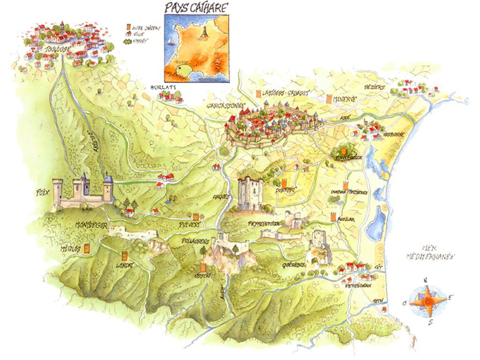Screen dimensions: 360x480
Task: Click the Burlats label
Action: click(161, 87)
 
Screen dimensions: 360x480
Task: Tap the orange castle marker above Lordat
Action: click(124, 256)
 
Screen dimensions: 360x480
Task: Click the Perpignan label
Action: click(359, 285)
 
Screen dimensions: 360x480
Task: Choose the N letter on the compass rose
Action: click(426, 281)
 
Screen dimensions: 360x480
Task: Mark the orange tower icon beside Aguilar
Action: click(333, 217)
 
